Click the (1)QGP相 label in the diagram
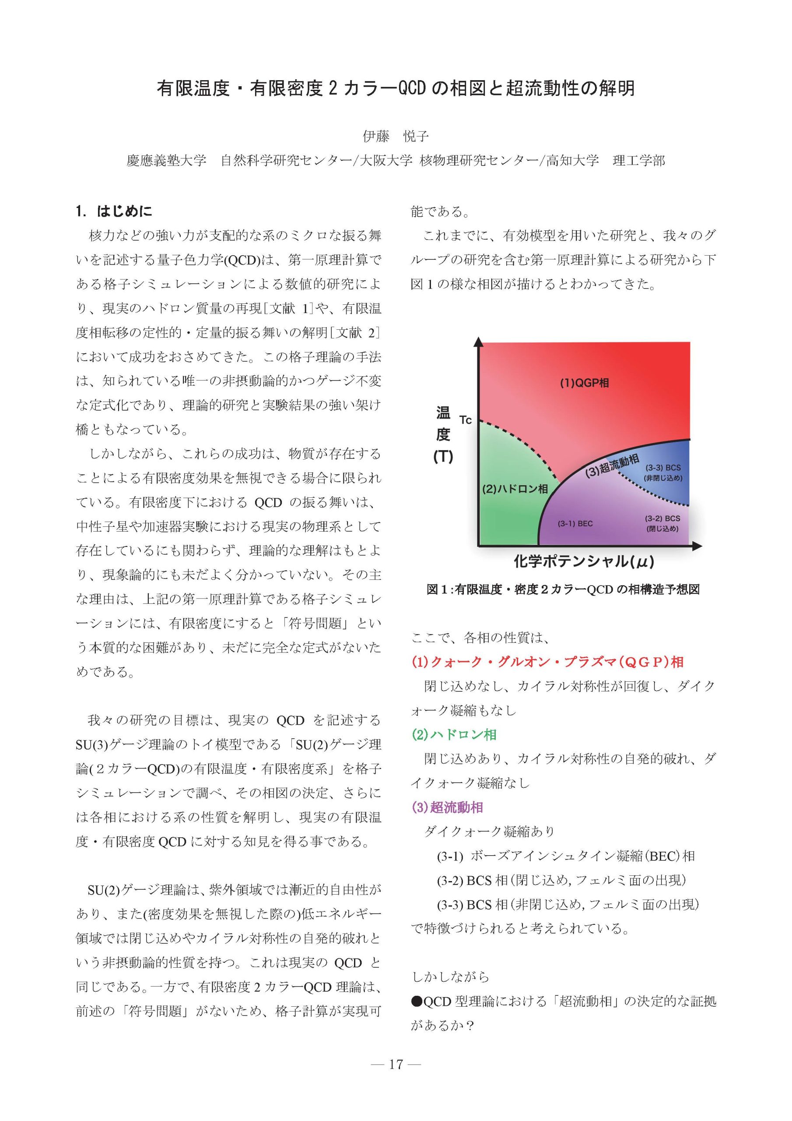pyautogui.click(x=584, y=383)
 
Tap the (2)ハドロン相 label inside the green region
pyautogui.click(x=515, y=489)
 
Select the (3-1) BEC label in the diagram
pyautogui.click(x=575, y=524)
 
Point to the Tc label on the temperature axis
pyautogui.click(x=466, y=420)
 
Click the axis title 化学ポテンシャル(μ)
pyautogui.click(x=584, y=561)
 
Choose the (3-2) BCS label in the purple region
pyautogui.click(x=662, y=518)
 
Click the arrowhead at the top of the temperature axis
pyautogui.click(x=478, y=342)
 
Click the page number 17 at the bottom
pyautogui.click(x=396, y=1078)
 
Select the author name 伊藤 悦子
pyautogui.click(x=395, y=136)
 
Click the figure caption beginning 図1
pyautogui.click(x=563, y=589)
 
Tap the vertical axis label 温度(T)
pyautogui.click(x=443, y=434)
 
